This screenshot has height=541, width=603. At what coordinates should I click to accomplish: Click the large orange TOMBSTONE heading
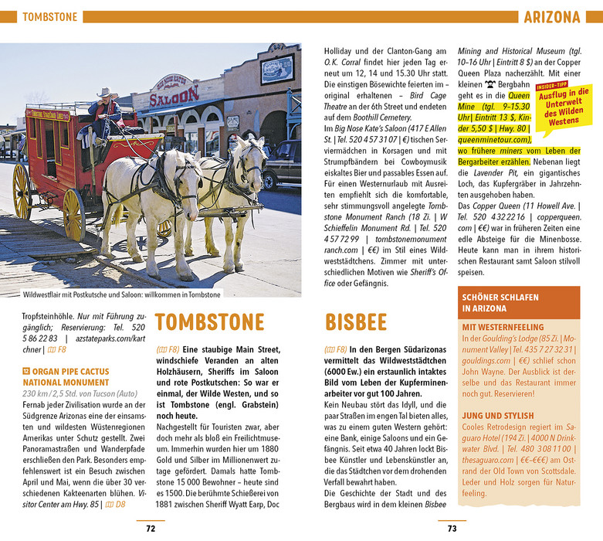click(209, 322)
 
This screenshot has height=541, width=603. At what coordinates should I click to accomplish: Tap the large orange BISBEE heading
click(356, 322)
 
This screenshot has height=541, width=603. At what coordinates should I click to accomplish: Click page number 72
click(151, 529)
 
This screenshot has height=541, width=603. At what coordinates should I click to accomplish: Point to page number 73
click(452, 529)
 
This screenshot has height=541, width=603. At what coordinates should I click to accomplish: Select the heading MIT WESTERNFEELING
click(502, 327)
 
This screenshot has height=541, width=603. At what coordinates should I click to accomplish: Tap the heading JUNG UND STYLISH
click(498, 413)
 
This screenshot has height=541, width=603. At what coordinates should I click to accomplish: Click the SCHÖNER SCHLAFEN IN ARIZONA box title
click(499, 302)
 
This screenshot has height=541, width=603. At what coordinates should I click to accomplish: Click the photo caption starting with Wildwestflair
click(122, 294)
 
